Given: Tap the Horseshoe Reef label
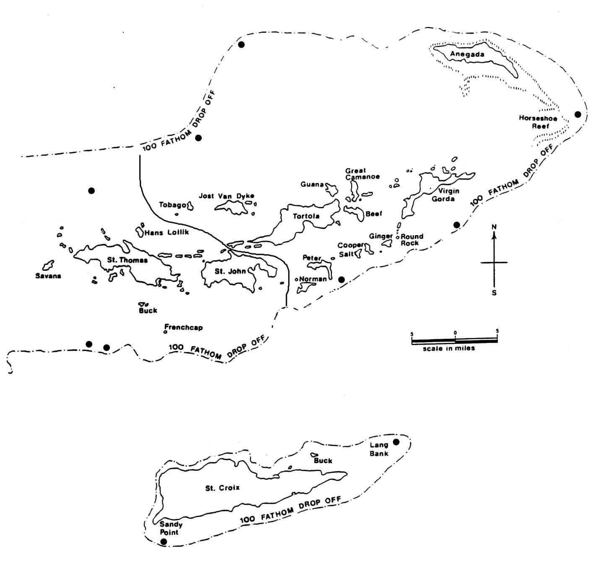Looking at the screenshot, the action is point(538,122).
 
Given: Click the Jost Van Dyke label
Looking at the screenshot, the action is point(226,196).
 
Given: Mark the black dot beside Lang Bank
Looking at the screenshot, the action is point(396,442).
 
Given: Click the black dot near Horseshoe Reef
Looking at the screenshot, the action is point(578,115).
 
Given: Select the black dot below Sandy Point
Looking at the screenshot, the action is point(164,542).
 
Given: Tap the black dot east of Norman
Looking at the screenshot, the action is point(341,280).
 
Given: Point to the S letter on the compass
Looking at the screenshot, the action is point(494,293).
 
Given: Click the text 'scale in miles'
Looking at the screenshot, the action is point(449,348).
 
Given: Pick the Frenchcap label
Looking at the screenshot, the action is point(183,327).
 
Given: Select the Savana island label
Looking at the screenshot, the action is point(48,276).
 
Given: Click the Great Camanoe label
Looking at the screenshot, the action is point(362,173).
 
